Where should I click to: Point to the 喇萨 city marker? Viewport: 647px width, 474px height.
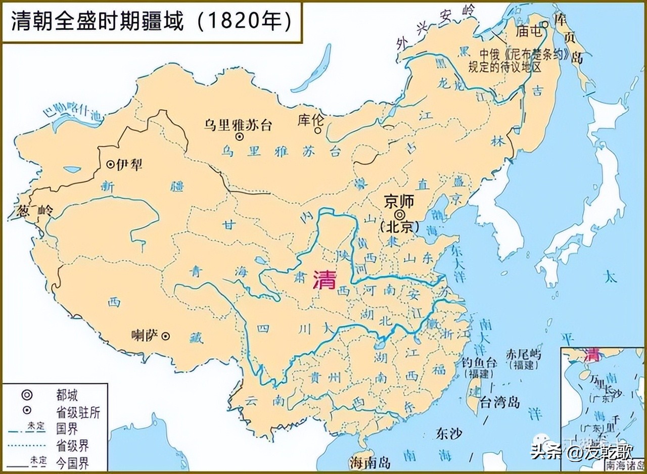pyautogui.click(x=165, y=336)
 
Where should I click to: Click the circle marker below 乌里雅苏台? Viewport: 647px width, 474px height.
pyautogui.click(x=239, y=136)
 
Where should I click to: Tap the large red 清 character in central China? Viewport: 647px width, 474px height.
pyautogui.click(x=324, y=279)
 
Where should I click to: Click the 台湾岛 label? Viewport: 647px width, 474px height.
pyautogui.click(x=500, y=403)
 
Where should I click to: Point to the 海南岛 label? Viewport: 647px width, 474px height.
pyautogui.click(x=369, y=462)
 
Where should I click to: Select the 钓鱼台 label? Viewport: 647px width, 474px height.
pyautogui.click(x=479, y=362)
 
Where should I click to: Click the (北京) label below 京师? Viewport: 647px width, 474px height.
pyautogui.click(x=399, y=227)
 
